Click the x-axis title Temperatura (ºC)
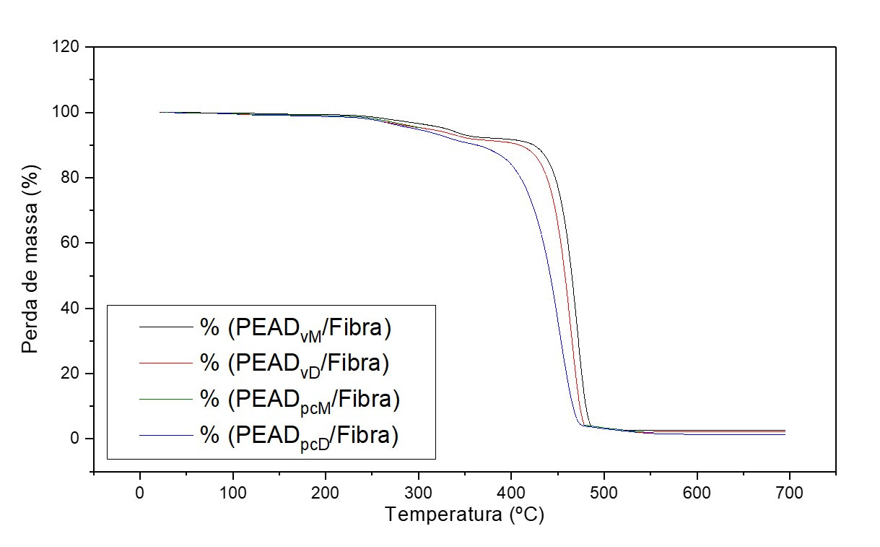(x=464, y=515)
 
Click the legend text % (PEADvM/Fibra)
(x=296, y=328)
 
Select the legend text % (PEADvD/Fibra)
(x=295, y=363)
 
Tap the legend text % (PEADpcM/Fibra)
(x=300, y=399)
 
